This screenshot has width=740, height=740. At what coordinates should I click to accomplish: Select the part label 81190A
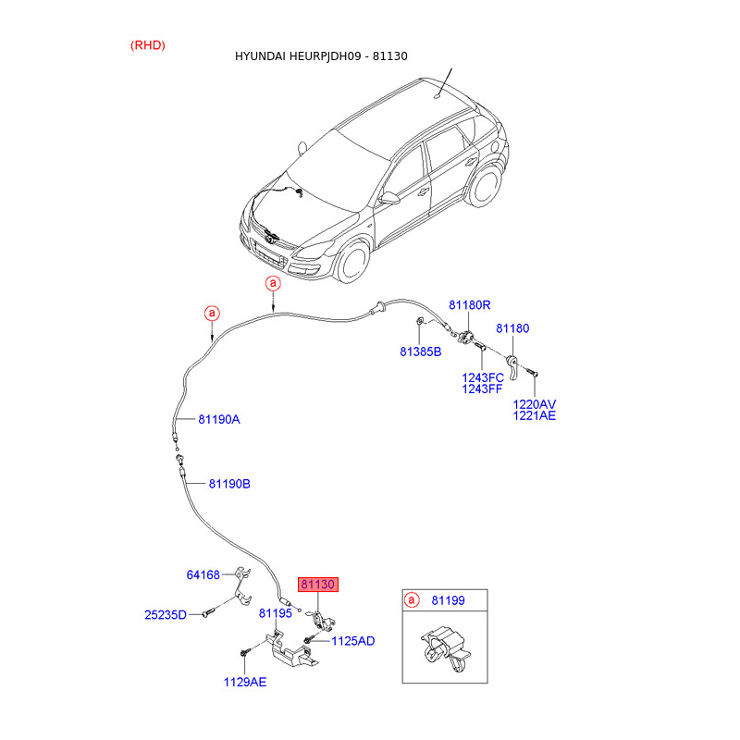(x=218, y=419)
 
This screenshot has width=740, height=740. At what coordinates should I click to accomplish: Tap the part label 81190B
(x=229, y=484)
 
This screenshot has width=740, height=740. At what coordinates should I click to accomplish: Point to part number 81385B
(x=421, y=351)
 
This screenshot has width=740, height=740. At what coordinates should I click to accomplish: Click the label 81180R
(x=470, y=305)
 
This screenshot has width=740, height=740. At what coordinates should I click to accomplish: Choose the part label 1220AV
(x=535, y=404)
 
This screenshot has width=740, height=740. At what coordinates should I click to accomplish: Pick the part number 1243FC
(x=483, y=377)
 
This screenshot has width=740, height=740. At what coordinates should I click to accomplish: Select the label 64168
(x=203, y=574)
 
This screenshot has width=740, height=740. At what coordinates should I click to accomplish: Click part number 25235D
(x=166, y=614)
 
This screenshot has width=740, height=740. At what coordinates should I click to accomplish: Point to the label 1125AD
(x=353, y=640)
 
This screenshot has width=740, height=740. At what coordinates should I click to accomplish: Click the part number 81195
(x=276, y=613)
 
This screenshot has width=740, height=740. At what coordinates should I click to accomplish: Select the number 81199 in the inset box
(x=448, y=601)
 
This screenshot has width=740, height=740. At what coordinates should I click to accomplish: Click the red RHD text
(x=148, y=45)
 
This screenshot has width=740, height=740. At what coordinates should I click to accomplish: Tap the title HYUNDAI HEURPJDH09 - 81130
(x=321, y=56)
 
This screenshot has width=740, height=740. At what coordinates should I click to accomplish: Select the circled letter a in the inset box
(x=413, y=601)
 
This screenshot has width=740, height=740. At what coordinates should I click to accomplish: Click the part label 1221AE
(x=535, y=416)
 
